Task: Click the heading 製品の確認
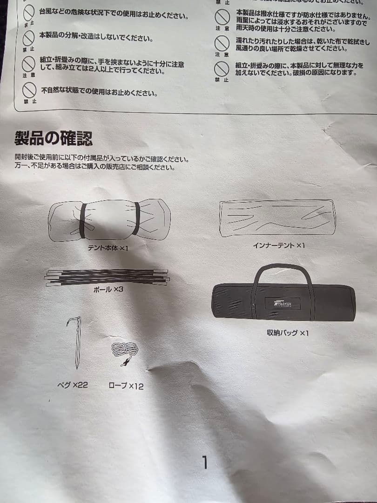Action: [53, 138]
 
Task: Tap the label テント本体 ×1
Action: [108, 248]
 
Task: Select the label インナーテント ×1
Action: [278, 245]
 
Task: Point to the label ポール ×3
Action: [108, 289]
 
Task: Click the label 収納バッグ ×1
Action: [288, 333]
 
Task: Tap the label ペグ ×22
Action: [72, 385]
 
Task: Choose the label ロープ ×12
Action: [126, 386]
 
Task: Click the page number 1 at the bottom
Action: [204, 462]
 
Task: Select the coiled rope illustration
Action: [124, 353]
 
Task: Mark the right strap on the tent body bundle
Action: [136, 219]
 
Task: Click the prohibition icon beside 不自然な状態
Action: [29, 90]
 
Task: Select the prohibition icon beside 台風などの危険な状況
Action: [29, 13]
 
